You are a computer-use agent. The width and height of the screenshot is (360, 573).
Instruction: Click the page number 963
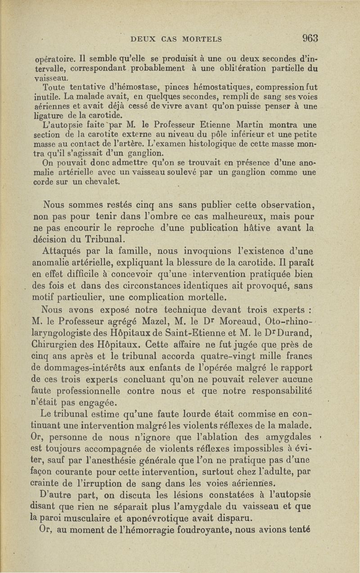tap(310, 38)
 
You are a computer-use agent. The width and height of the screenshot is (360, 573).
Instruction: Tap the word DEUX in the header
tap(143, 39)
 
